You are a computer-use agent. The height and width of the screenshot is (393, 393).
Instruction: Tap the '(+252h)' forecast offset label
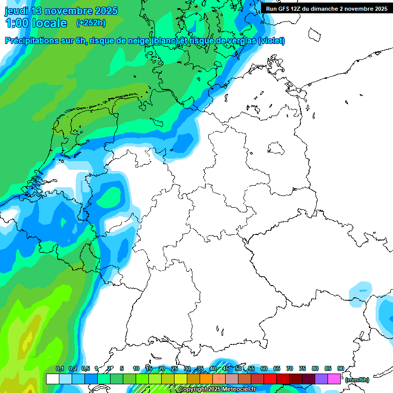[x=91, y=23]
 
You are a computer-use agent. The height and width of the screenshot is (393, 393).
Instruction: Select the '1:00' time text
[x=17, y=23]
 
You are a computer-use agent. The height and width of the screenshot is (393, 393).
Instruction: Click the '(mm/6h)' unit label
[x=357, y=380]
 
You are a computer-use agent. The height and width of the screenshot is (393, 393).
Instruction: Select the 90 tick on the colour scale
[x=341, y=369]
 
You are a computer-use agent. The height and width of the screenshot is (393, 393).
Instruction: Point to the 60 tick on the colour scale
[x=264, y=369]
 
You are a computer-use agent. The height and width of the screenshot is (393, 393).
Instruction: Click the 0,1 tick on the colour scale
[x=59, y=369]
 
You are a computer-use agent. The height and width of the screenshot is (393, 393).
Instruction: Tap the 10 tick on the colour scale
[x=136, y=369]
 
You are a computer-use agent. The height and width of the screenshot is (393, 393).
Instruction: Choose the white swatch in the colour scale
[x=53, y=379]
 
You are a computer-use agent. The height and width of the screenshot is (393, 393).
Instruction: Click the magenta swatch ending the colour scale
[x=334, y=379]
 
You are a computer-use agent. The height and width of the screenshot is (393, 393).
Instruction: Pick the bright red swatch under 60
[x=270, y=379]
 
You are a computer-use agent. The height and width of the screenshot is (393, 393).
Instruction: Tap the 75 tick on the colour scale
[x=302, y=369]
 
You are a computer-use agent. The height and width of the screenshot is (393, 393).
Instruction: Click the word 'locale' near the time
[x=49, y=23]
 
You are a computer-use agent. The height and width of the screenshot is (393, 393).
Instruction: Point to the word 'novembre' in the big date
[x=70, y=11]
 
